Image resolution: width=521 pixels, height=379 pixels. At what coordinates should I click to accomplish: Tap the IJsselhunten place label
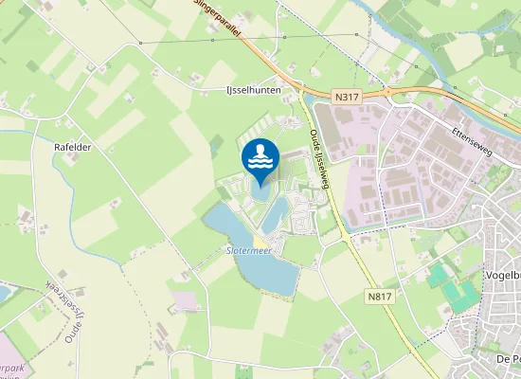(256, 88)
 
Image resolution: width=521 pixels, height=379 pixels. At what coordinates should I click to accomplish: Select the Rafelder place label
(74, 149)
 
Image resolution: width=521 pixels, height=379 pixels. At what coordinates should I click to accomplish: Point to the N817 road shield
(379, 297)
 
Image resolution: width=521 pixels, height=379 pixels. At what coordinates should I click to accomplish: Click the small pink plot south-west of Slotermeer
(186, 300)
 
